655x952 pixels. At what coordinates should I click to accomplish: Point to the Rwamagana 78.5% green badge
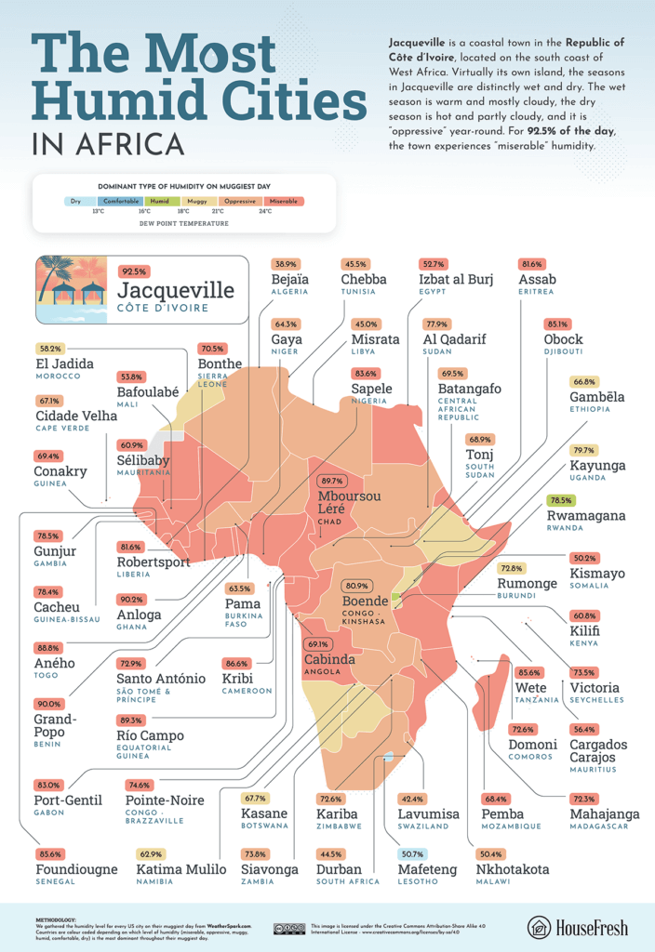click(x=560, y=499)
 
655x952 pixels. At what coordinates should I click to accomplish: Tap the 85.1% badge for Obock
click(x=558, y=324)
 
